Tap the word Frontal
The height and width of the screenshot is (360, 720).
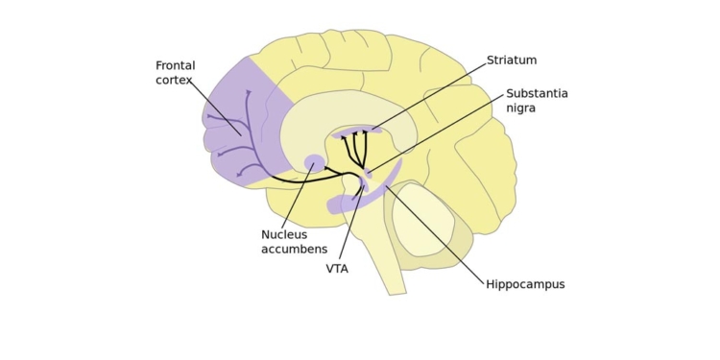(x=175, y=66)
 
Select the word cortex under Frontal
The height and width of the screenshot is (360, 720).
(x=174, y=81)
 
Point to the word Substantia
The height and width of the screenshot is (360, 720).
(x=537, y=94)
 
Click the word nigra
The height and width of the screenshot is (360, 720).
(x=521, y=108)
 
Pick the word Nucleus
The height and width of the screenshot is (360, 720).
(x=284, y=235)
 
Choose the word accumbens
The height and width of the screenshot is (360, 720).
(x=294, y=250)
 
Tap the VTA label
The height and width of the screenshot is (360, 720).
(x=337, y=270)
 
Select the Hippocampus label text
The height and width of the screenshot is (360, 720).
(x=525, y=285)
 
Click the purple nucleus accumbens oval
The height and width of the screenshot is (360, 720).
(x=314, y=163)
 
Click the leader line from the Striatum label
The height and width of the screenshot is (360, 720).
(x=432, y=94)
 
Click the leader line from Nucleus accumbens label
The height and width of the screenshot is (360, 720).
(x=298, y=197)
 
